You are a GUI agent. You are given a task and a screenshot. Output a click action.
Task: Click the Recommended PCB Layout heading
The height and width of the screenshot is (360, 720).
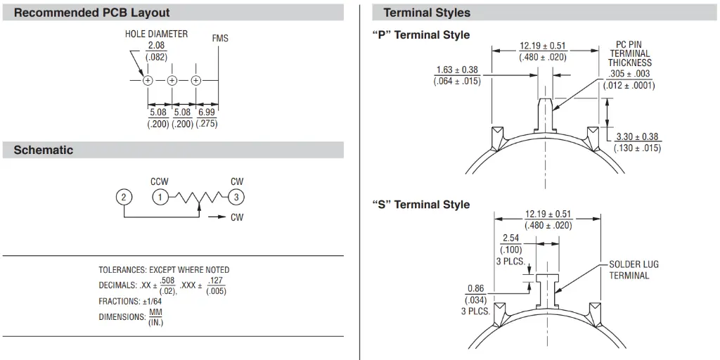click(x=92, y=13)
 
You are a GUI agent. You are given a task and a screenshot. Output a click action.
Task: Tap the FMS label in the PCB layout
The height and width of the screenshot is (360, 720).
click(x=220, y=39)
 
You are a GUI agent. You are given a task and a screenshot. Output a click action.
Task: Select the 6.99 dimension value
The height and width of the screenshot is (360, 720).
click(x=207, y=112)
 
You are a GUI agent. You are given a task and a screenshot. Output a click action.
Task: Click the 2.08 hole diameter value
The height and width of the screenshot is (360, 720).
click(x=156, y=46)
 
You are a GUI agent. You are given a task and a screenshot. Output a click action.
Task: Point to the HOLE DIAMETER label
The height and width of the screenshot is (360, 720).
click(x=156, y=34)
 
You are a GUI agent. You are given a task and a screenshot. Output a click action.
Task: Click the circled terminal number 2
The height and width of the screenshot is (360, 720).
click(x=124, y=198)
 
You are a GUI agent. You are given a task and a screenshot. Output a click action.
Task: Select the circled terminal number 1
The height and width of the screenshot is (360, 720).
click(x=160, y=198)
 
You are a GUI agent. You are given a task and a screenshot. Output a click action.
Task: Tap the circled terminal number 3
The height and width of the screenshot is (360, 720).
click(x=236, y=198)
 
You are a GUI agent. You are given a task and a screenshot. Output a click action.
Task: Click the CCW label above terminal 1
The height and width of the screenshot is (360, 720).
click(x=160, y=182)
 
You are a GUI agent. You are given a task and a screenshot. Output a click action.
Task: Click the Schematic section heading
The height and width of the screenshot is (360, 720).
click(x=43, y=150)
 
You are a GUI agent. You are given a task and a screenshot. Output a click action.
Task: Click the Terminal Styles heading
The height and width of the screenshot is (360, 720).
click(x=427, y=13)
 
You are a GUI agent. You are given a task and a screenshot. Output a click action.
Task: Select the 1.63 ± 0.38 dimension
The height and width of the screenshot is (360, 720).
click(x=457, y=70)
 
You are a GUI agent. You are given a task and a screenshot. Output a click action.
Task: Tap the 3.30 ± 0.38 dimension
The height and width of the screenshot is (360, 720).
click(x=637, y=137)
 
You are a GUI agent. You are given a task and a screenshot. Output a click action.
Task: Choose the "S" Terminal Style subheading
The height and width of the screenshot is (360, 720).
click(x=421, y=205)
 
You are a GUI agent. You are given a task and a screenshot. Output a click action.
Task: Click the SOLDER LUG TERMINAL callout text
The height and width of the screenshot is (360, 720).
click(x=634, y=270)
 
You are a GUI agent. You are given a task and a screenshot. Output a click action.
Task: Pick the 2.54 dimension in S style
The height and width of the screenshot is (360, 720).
click(x=511, y=238)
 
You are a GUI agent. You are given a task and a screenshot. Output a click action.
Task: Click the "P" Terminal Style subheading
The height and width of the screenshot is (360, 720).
click(x=421, y=35)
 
